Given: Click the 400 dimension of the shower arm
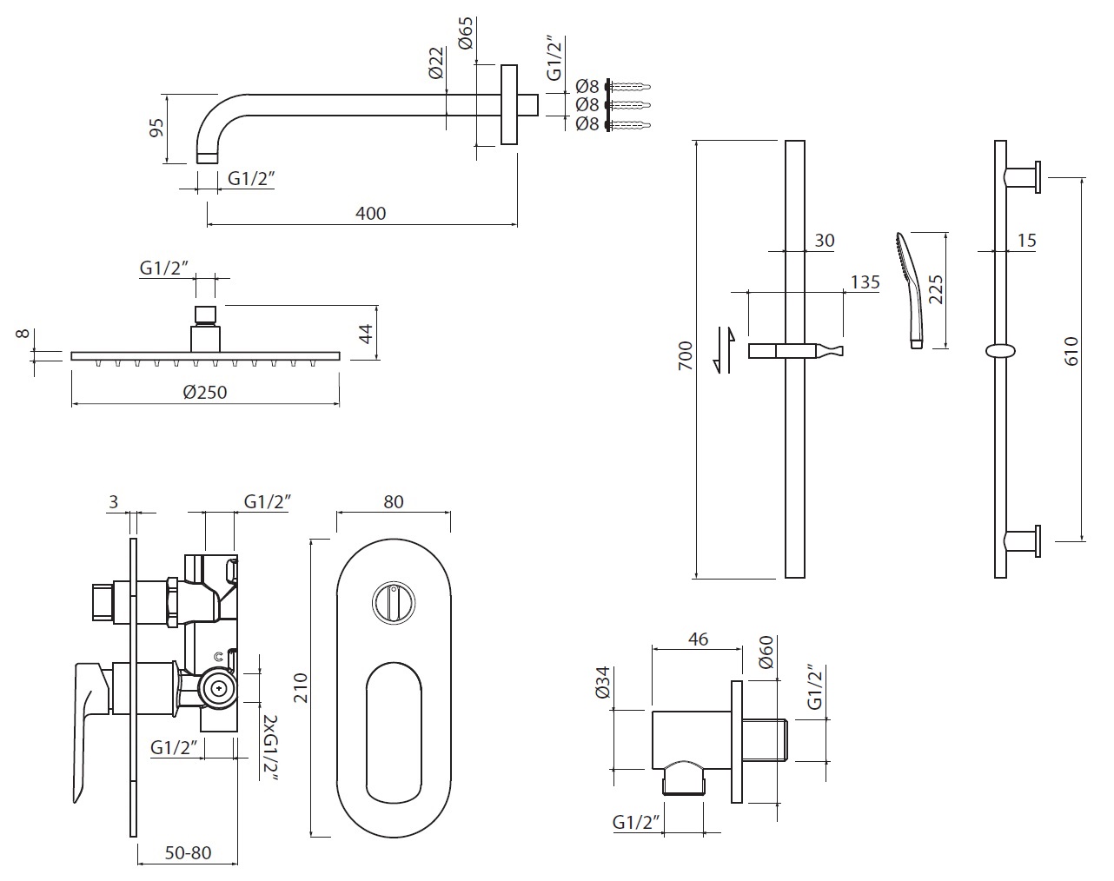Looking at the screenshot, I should coord(371,213).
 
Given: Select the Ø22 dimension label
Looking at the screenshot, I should coord(436,63).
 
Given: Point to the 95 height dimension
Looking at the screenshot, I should coord(157,128).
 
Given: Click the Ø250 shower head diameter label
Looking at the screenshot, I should coord(205,393).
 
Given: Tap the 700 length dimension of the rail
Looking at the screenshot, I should coord(686,356).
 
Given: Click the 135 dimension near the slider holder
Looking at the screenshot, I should coord(865,282).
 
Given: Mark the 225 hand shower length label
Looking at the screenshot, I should coord(936,288).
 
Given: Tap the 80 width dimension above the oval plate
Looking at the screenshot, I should coord(393,502).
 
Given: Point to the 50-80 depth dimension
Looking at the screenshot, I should coord(187,853).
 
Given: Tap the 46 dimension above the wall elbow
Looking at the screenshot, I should coord(698,639).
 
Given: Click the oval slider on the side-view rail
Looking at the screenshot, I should coord(1000,351).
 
